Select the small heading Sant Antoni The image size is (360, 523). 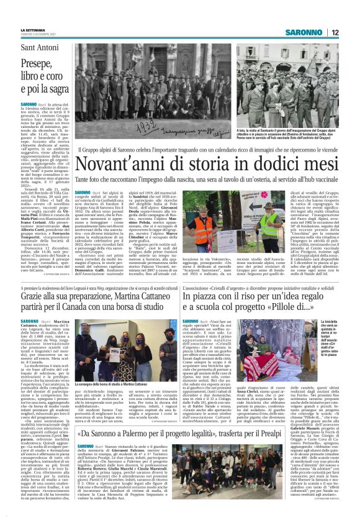point(39,48)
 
